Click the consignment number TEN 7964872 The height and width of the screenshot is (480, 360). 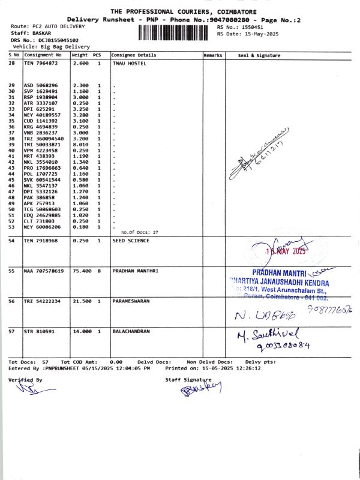(x=41, y=62)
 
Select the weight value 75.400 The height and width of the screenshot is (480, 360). (x=81, y=271)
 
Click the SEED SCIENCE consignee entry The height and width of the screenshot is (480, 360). (x=131, y=241)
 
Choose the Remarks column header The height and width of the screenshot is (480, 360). (x=213, y=55)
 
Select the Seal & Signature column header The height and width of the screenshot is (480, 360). (x=259, y=55)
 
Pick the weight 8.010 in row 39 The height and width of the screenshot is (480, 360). (x=80, y=145)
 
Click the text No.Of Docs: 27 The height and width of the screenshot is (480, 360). (x=139, y=232)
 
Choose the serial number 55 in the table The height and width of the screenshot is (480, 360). (x=11, y=271)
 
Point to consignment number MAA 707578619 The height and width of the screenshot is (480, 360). (x=43, y=271)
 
